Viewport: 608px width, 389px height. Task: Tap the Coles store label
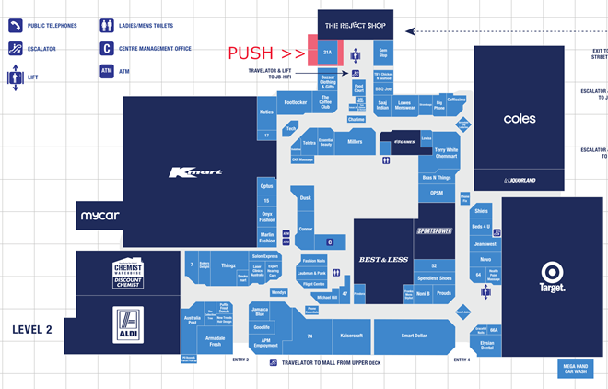tap(519, 119)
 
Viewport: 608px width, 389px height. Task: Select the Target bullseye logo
tap(552, 274)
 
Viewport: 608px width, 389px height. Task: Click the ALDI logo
tap(128, 324)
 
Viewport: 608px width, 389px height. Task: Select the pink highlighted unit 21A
tap(327, 53)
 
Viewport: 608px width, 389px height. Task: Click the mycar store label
tap(99, 216)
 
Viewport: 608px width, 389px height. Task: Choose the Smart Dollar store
tap(414, 336)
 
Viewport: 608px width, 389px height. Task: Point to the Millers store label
tap(355, 142)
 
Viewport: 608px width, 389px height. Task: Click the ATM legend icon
tap(107, 69)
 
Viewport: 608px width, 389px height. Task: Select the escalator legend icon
tap(16, 47)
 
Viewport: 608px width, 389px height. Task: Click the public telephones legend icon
tap(16, 25)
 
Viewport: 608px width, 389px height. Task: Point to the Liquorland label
tap(519, 181)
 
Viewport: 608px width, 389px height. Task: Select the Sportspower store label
tap(434, 230)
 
